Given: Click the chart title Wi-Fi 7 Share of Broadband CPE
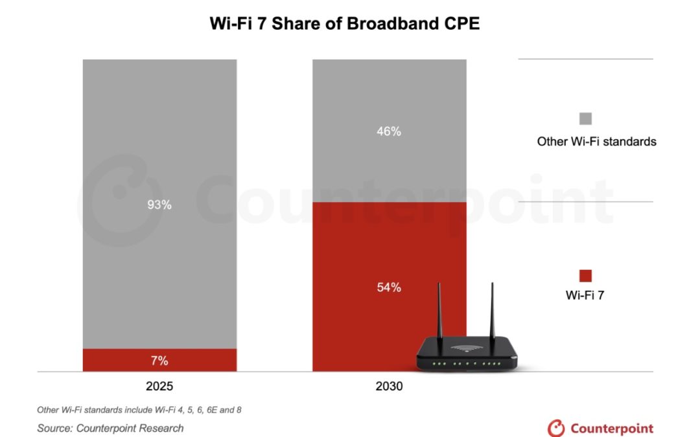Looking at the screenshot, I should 344,23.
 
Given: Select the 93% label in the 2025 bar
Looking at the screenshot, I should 159,205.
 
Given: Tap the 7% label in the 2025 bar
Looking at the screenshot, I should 159,360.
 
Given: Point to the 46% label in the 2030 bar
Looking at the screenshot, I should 389,131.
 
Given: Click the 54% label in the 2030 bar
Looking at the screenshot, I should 389,287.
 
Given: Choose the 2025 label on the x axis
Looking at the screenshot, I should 159,387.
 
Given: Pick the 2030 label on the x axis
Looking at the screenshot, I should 389,387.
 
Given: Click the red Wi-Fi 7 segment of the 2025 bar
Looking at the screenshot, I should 117,360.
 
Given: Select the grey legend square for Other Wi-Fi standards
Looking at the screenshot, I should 585,118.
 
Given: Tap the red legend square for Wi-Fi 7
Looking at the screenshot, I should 585,276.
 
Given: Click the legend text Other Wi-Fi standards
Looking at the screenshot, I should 596,141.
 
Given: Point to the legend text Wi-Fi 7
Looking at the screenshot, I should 585,296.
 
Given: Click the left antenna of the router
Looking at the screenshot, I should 439,311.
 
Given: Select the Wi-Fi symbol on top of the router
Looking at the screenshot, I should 465,348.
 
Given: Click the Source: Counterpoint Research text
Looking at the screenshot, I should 110,428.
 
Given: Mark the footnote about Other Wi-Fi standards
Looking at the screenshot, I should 139,410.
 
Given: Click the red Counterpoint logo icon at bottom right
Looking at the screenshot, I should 556,428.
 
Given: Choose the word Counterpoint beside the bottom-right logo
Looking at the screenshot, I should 612,428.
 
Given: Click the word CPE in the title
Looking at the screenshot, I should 457,23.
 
